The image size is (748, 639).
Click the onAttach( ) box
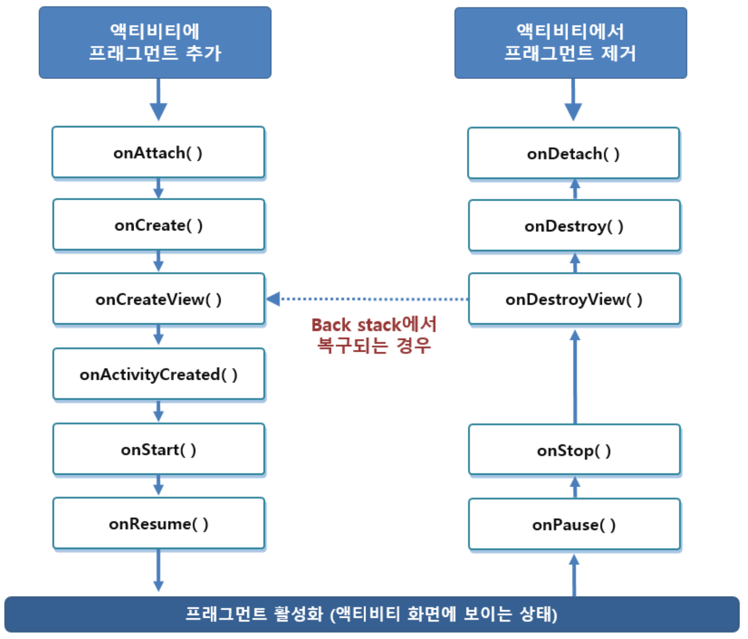(158, 152)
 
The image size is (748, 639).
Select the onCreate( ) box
(158, 225)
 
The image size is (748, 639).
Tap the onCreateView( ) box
(158, 299)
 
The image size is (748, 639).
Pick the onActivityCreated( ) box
(158, 374)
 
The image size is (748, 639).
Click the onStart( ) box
(158, 449)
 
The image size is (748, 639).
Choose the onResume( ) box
(158, 524)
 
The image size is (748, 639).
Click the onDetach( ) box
(574, 153)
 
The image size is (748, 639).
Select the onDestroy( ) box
(574, 226)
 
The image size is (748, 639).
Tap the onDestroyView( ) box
(574, 299)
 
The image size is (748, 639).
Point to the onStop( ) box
(574, 450)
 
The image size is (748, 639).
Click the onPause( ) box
(574, 524)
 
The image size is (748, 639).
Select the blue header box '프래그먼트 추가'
(155, 42)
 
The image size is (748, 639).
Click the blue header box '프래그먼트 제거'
(571, 43)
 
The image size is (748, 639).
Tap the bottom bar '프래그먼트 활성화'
(372, 614)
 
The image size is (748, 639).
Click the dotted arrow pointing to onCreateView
(367, 299)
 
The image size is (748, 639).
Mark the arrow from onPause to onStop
(575, 487)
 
